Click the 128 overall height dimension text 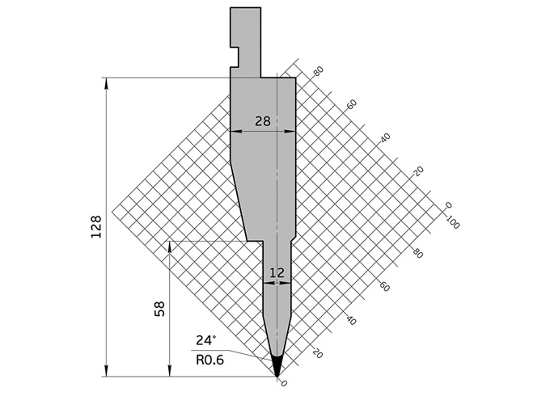coord(95,227)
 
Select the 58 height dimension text coord(159,309)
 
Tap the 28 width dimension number coord(261,121)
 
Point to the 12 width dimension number coord(277,273)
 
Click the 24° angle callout coord(205,339)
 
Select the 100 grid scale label coord(451,222)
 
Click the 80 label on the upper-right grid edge coord(318,71)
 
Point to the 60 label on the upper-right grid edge coord(351,104)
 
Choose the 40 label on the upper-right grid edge coord(384,137)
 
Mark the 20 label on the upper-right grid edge coord(418,171)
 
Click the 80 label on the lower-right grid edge coord(417,254)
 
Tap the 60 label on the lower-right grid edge coord(384,287)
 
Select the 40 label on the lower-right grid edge coord(350,321)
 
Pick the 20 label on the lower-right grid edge coord(317,354)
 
